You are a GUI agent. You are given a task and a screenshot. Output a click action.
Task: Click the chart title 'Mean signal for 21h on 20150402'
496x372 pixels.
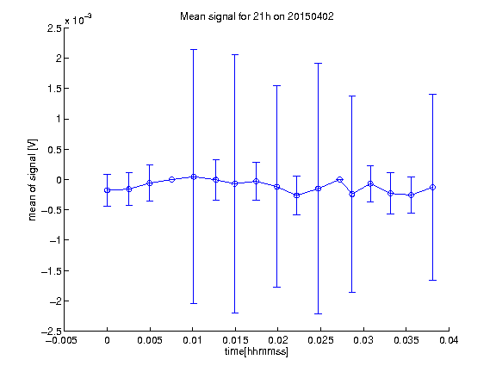[x=257, y=16]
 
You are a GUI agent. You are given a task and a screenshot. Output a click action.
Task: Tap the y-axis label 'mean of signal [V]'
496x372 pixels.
[x=32, y=180]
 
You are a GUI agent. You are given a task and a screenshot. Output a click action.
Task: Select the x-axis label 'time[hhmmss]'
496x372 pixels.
[x=257, y=351]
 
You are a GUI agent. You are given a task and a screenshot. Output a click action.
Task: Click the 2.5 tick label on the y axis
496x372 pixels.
[x=54, y=28]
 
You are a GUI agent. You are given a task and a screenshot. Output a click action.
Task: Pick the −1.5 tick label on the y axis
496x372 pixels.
[x=52, y=271]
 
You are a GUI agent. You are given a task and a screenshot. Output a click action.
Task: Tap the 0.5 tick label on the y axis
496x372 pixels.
[x=54, y=150]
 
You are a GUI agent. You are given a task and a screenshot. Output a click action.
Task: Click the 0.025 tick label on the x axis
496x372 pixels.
[x=320, y=340]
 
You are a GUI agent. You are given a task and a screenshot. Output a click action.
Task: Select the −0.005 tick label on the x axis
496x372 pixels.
[x=61, y=340]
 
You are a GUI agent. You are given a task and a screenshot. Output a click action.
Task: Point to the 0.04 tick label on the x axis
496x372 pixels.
[x=449, y=340]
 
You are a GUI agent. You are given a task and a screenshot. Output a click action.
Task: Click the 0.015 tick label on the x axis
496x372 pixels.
[x=235, y=340]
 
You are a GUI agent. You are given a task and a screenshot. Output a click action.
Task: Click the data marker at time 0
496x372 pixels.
[x=108, y=190]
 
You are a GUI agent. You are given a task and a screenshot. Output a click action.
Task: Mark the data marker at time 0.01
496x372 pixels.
[x=194, y=177]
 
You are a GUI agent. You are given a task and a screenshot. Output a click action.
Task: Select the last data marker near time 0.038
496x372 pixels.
[x=432, y=187]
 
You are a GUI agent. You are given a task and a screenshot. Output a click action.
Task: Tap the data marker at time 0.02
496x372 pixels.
[x=276, y=187]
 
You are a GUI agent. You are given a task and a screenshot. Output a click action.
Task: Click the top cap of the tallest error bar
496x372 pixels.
[x=194, y=50]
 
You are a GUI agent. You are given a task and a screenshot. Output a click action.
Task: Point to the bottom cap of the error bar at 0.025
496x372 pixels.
[x=319, y=313]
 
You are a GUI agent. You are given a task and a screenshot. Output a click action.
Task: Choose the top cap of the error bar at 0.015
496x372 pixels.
[x=235, y=55]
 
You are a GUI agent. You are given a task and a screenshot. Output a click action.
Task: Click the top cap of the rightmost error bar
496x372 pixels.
[x=432, y=94]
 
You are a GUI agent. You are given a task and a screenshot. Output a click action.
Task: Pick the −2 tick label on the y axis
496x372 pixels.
[x=55, y=301]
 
